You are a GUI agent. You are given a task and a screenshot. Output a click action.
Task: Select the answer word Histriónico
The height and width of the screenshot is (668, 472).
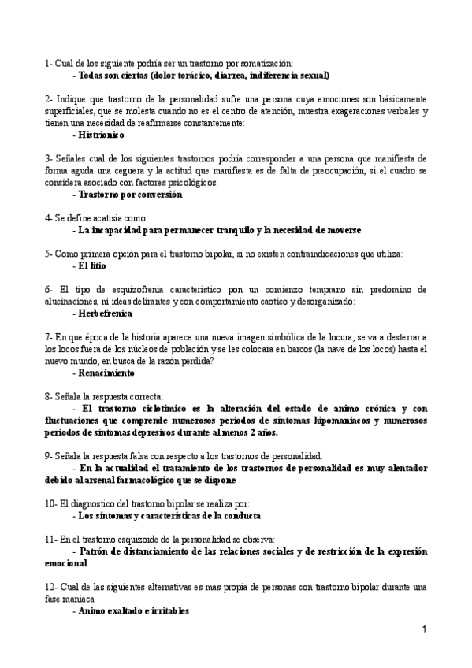pos(103,135)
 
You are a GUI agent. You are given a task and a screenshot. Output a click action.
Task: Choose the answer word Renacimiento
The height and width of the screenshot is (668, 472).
pos(106,372)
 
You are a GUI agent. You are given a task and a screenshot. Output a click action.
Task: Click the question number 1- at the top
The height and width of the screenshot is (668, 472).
pos(49,63)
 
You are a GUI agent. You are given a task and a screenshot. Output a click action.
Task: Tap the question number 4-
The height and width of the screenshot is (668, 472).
pos(49,218)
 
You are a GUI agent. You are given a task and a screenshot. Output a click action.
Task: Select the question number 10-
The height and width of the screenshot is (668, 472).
pos(52,503)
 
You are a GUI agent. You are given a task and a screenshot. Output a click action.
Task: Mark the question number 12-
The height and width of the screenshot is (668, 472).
pos(52,587)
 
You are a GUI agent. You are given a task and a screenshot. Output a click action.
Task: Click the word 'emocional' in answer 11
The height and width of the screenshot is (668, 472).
pos(67,562)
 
